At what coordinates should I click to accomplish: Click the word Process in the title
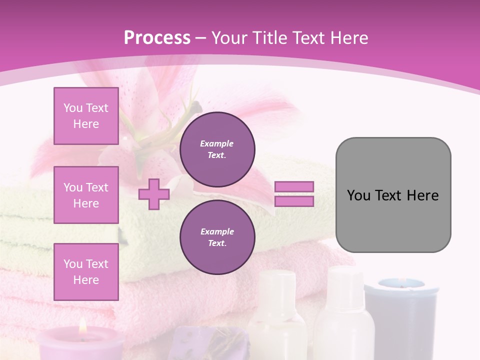tap(157, 38)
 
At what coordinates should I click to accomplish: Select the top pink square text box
tap(86, 116)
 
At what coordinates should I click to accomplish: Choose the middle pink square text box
tap(86, 195)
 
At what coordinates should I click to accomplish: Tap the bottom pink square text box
tap(86, 272)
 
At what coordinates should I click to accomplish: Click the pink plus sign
tap(154, 194)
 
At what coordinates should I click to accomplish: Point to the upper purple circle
tap(217, 149)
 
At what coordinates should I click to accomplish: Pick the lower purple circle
tap(217, 237)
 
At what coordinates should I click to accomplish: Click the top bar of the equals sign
tap(294, 186)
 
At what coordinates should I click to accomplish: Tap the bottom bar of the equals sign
tap(294, 201)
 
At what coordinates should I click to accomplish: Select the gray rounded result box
tap(393, 194)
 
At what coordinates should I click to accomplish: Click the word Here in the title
tap(348, 38)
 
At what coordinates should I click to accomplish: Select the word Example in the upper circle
tap(216, 143)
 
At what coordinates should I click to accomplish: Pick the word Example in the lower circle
tap(217, 231)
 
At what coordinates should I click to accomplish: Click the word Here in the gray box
tap(422, 195)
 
